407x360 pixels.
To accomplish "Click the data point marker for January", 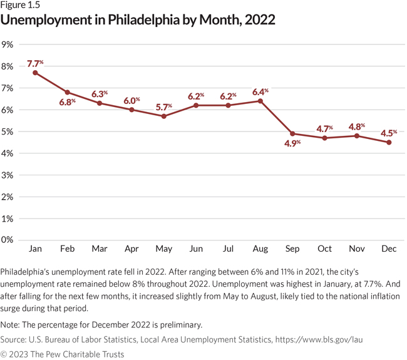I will coord(35,73).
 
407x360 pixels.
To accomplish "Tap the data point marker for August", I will coord(260,101).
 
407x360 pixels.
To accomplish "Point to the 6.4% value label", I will coord(260,91).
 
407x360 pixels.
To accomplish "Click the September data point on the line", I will coord(292,133).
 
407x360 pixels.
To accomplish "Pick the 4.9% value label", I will coord(292,143).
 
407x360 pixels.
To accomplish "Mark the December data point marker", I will coord(389,142).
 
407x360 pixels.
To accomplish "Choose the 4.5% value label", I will coord(389,132).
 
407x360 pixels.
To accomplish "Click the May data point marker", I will coord(163,116).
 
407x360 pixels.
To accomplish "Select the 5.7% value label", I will coord(163,106).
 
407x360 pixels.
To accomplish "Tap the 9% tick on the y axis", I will coord(8,44).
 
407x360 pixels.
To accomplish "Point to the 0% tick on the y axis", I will coord(8,240).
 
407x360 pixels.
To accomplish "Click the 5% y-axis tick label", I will coord(8,131).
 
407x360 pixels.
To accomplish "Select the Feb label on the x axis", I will coord(67,249).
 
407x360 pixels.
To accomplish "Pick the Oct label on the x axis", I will coord(324,249).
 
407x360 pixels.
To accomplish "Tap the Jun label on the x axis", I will coord(196,249).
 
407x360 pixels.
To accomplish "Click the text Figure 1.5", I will coord(21,6).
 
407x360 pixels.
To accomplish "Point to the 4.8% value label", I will coord(356,126).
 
